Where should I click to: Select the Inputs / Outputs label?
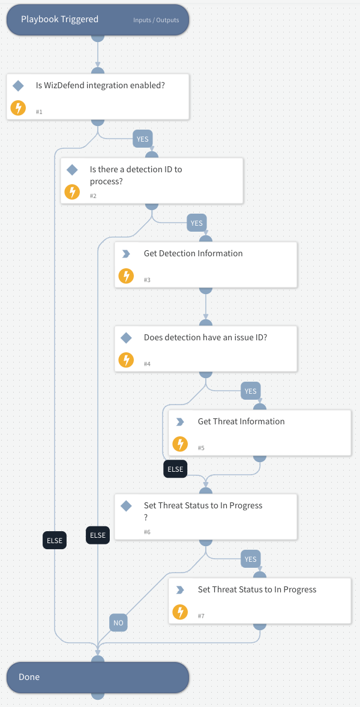point(156,20)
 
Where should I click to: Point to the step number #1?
point(39,112)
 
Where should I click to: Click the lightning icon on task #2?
point(72,192)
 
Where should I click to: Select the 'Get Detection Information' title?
point(193,253)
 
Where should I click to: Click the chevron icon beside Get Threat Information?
point(179,422)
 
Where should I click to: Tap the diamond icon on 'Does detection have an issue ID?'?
point(126,338)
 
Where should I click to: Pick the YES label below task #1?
point(142,139)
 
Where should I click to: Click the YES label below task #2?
point(196,223)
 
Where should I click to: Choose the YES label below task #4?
point(250,391)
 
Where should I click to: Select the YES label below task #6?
point(250,559)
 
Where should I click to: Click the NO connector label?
point(118,623)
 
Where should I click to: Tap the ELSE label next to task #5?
point(175,469)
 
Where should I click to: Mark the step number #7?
point(201,616)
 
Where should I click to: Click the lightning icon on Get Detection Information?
point(126,276)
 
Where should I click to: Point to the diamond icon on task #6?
point(126,506)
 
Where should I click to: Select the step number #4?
point(147,364)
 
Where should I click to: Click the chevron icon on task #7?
point(179,590)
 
